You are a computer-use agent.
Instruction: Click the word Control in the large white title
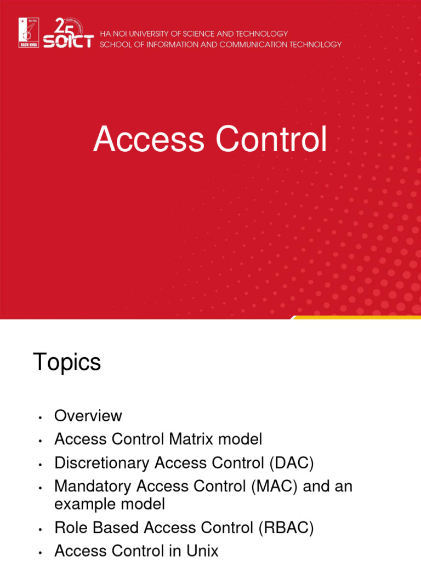coord(272,140)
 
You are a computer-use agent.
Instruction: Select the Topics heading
coord(67,362)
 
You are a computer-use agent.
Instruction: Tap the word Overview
coord(88,416)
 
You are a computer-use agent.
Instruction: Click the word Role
coord(68,528)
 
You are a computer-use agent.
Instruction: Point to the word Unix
coord(202,551)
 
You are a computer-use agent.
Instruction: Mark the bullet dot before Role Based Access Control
coord(41,530)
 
